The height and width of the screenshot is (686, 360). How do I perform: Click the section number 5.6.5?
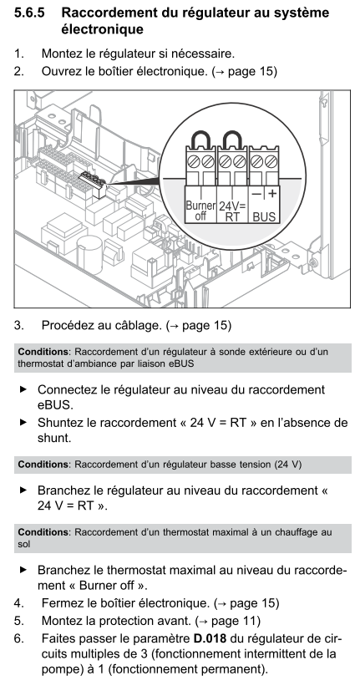point(29,13)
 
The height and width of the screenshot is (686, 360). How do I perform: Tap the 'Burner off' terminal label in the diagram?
point(200,211)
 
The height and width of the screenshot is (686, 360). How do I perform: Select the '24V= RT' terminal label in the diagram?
point(233,211)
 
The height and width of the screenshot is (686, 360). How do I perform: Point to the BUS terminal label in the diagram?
point(264,216)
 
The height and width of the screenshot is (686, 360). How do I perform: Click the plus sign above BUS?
point(272,192)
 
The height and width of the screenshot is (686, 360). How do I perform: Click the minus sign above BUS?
point(256,193)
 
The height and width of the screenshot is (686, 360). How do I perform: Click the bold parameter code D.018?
point(210,638)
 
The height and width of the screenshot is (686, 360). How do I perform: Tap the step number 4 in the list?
point(18,603)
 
